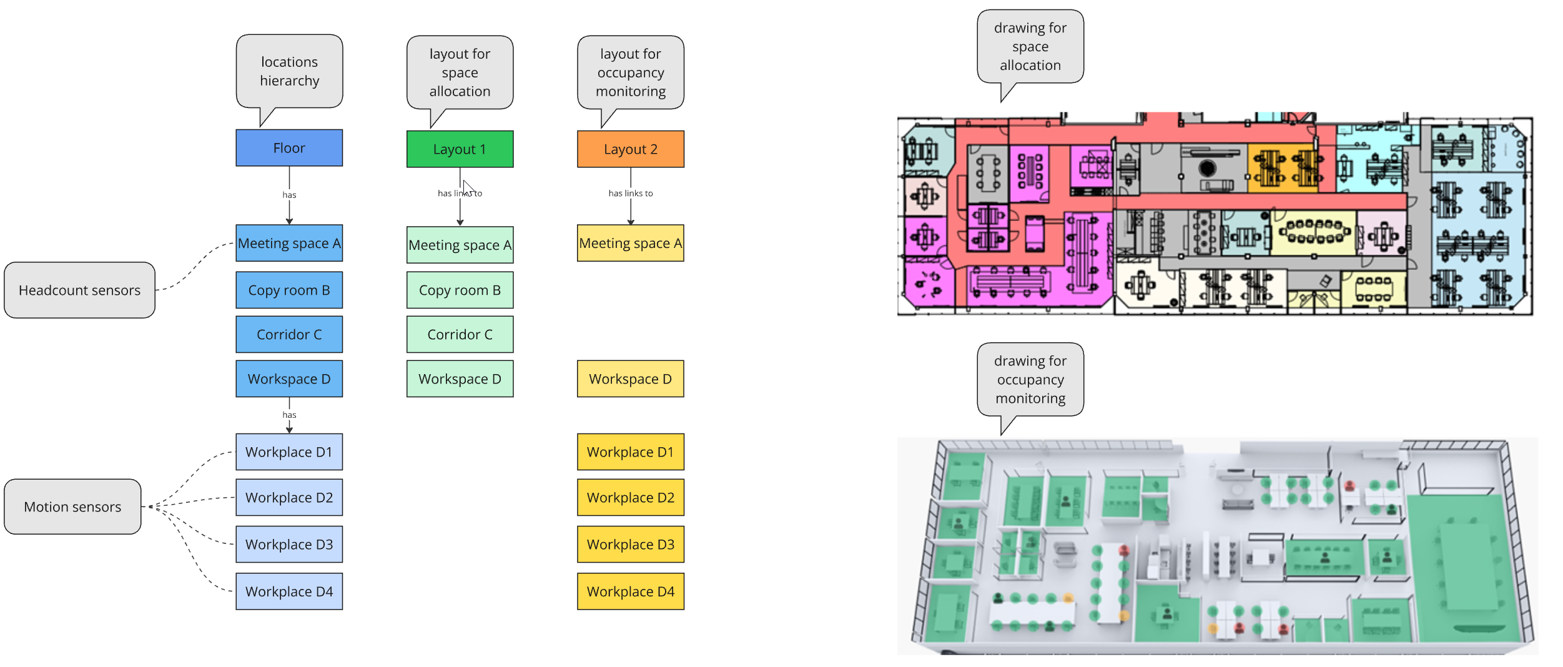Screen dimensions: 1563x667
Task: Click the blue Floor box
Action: [289, 148]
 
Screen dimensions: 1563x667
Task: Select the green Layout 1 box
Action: [460, 149]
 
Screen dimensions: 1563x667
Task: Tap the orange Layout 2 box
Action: [631, 149]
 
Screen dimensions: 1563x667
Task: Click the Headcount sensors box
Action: [79, 290]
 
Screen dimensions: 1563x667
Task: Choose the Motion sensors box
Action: [72, 506]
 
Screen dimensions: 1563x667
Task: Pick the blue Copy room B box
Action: [289, 290]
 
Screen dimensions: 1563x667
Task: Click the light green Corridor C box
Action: [460, 334]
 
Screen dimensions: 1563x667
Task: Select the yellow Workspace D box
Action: [631, 378]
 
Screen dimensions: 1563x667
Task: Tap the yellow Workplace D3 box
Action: [631, 544]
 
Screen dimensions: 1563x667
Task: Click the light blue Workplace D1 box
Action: [289, 452]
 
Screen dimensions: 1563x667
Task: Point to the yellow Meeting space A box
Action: [631, 243]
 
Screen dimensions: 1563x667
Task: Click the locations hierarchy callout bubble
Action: [289, 71]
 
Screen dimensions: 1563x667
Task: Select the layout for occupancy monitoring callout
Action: [631, 72]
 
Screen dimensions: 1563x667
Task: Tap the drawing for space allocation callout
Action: [1030, 46]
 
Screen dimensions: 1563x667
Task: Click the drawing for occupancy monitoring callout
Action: [1030, 379]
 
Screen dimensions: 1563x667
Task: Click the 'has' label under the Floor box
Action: [289, 195]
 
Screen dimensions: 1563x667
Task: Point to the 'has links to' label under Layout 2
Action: [631, 194]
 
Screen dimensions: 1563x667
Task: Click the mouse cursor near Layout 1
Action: [468, 188]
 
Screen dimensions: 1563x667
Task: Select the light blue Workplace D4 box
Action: [289, 591]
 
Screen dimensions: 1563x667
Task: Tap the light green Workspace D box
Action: [460, 378]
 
